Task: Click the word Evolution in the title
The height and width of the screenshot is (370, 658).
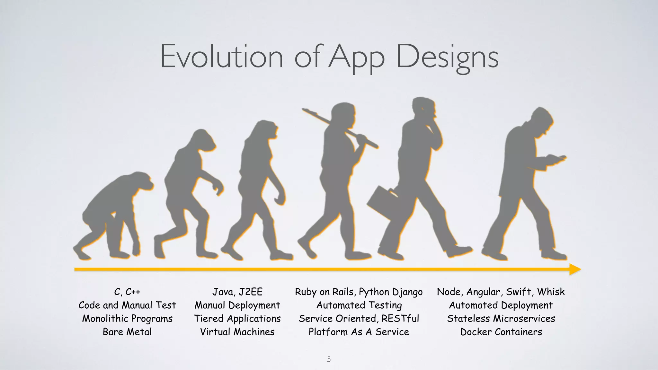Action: [222, 57]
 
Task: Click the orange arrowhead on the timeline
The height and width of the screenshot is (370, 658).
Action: [575, 269]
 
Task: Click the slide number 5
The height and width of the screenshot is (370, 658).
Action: [329, 359]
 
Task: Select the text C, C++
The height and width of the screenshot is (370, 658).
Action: [127, 292]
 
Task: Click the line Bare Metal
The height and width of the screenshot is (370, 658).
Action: [127, 332]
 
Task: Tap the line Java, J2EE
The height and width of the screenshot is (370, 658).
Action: [237, 292]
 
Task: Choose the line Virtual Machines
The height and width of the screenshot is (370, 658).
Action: [237, 332]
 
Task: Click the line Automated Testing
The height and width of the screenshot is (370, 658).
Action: [359, 305]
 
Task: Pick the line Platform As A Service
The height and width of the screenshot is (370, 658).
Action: [359, 332]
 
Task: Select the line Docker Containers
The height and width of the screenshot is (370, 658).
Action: [501, 332]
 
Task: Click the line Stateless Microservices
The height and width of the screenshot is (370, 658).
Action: [501, 318]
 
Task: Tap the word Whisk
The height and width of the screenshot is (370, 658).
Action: [551, 292]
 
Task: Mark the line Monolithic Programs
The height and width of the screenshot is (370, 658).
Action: [127, 318]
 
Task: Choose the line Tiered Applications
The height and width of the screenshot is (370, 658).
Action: [237, 318]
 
